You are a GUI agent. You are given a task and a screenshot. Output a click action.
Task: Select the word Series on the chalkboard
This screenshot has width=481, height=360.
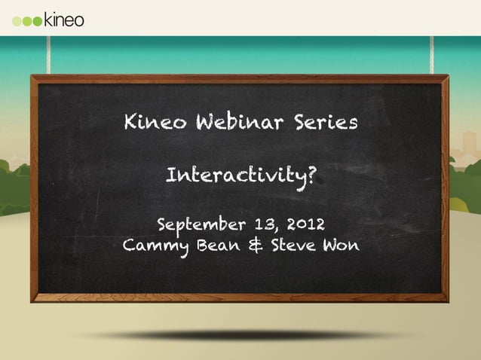tap(321, 123)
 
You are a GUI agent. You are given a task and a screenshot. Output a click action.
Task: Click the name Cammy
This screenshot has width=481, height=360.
tap(155, 246)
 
